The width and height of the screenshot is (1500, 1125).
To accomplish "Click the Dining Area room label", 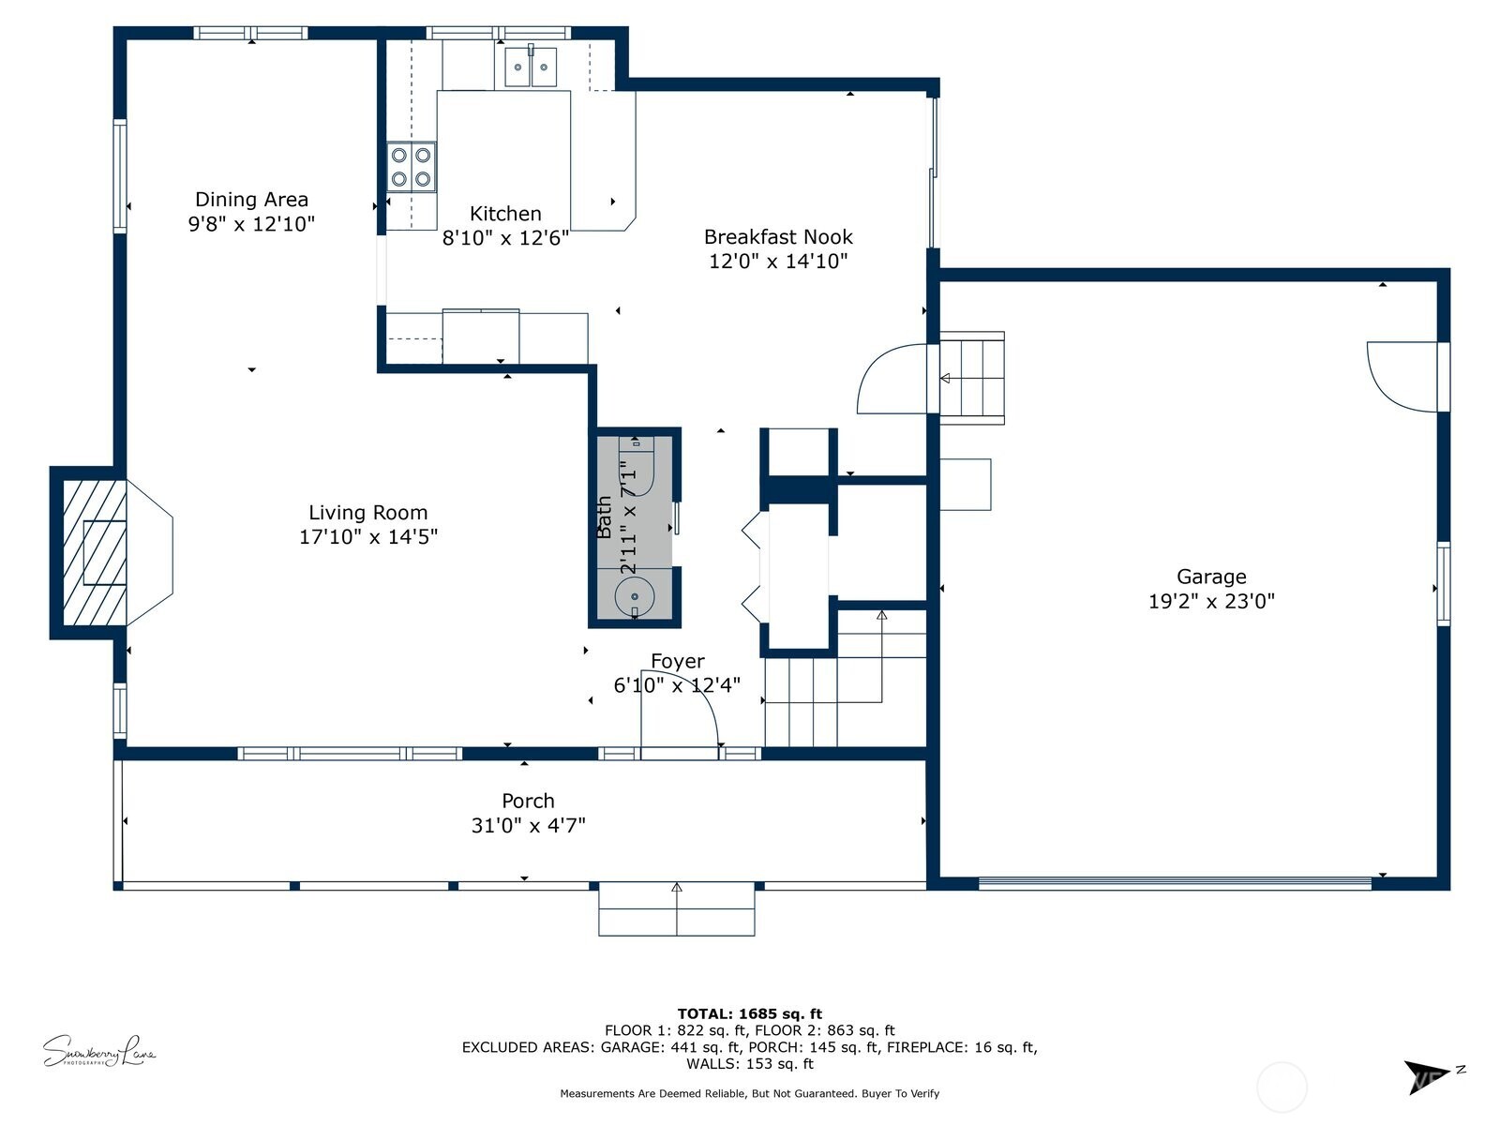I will pyautogui.click(x=251, y=199).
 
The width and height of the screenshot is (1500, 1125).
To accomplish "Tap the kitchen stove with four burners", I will pyautogui.click(x=412, y=167).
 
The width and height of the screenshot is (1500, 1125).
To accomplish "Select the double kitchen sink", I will pyautogui.click(x=531, y=67).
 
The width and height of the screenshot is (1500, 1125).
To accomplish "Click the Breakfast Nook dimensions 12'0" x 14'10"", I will pyautogui.click(x=778, y=262).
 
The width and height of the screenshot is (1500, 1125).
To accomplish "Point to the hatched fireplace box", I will pyautogui.click(x=94, y=553).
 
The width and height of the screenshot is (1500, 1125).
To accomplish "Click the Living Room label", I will pyautogui.click(x=367, y=513).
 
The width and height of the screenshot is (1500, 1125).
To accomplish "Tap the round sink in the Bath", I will pyautogui.click(x=635, y=596).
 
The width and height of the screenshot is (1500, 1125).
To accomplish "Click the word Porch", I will pyautogui.click(x=528, y=801).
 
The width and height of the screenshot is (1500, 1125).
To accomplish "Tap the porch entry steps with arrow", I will pyautogui.click(x=677, y=908).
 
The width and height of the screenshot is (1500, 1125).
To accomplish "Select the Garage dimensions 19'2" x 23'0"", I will pyautogui.click(x=1211, y=602).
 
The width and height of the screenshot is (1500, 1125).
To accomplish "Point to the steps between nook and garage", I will pyautogui.click(x=972, y=378).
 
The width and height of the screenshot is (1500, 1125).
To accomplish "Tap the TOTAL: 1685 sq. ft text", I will pyautogui.click(x=749, y=1013).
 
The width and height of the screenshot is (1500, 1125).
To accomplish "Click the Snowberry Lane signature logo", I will pyautogui.click(x=98, y=1051).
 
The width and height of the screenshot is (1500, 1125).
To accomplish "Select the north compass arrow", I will pyautogui.click(x=1428, y=1075).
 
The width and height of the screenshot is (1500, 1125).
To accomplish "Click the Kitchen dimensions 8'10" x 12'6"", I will pyautogui.click(x=505, y=238).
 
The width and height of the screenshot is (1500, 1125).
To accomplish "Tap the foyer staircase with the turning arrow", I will pyautogui.click(x=844, y=680).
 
